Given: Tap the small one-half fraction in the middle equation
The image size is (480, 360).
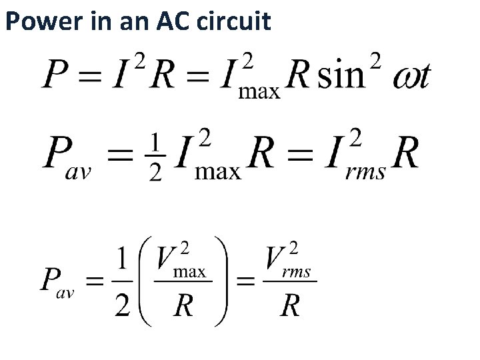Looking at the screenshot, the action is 154,156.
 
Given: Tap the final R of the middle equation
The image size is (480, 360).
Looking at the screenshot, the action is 405,155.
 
